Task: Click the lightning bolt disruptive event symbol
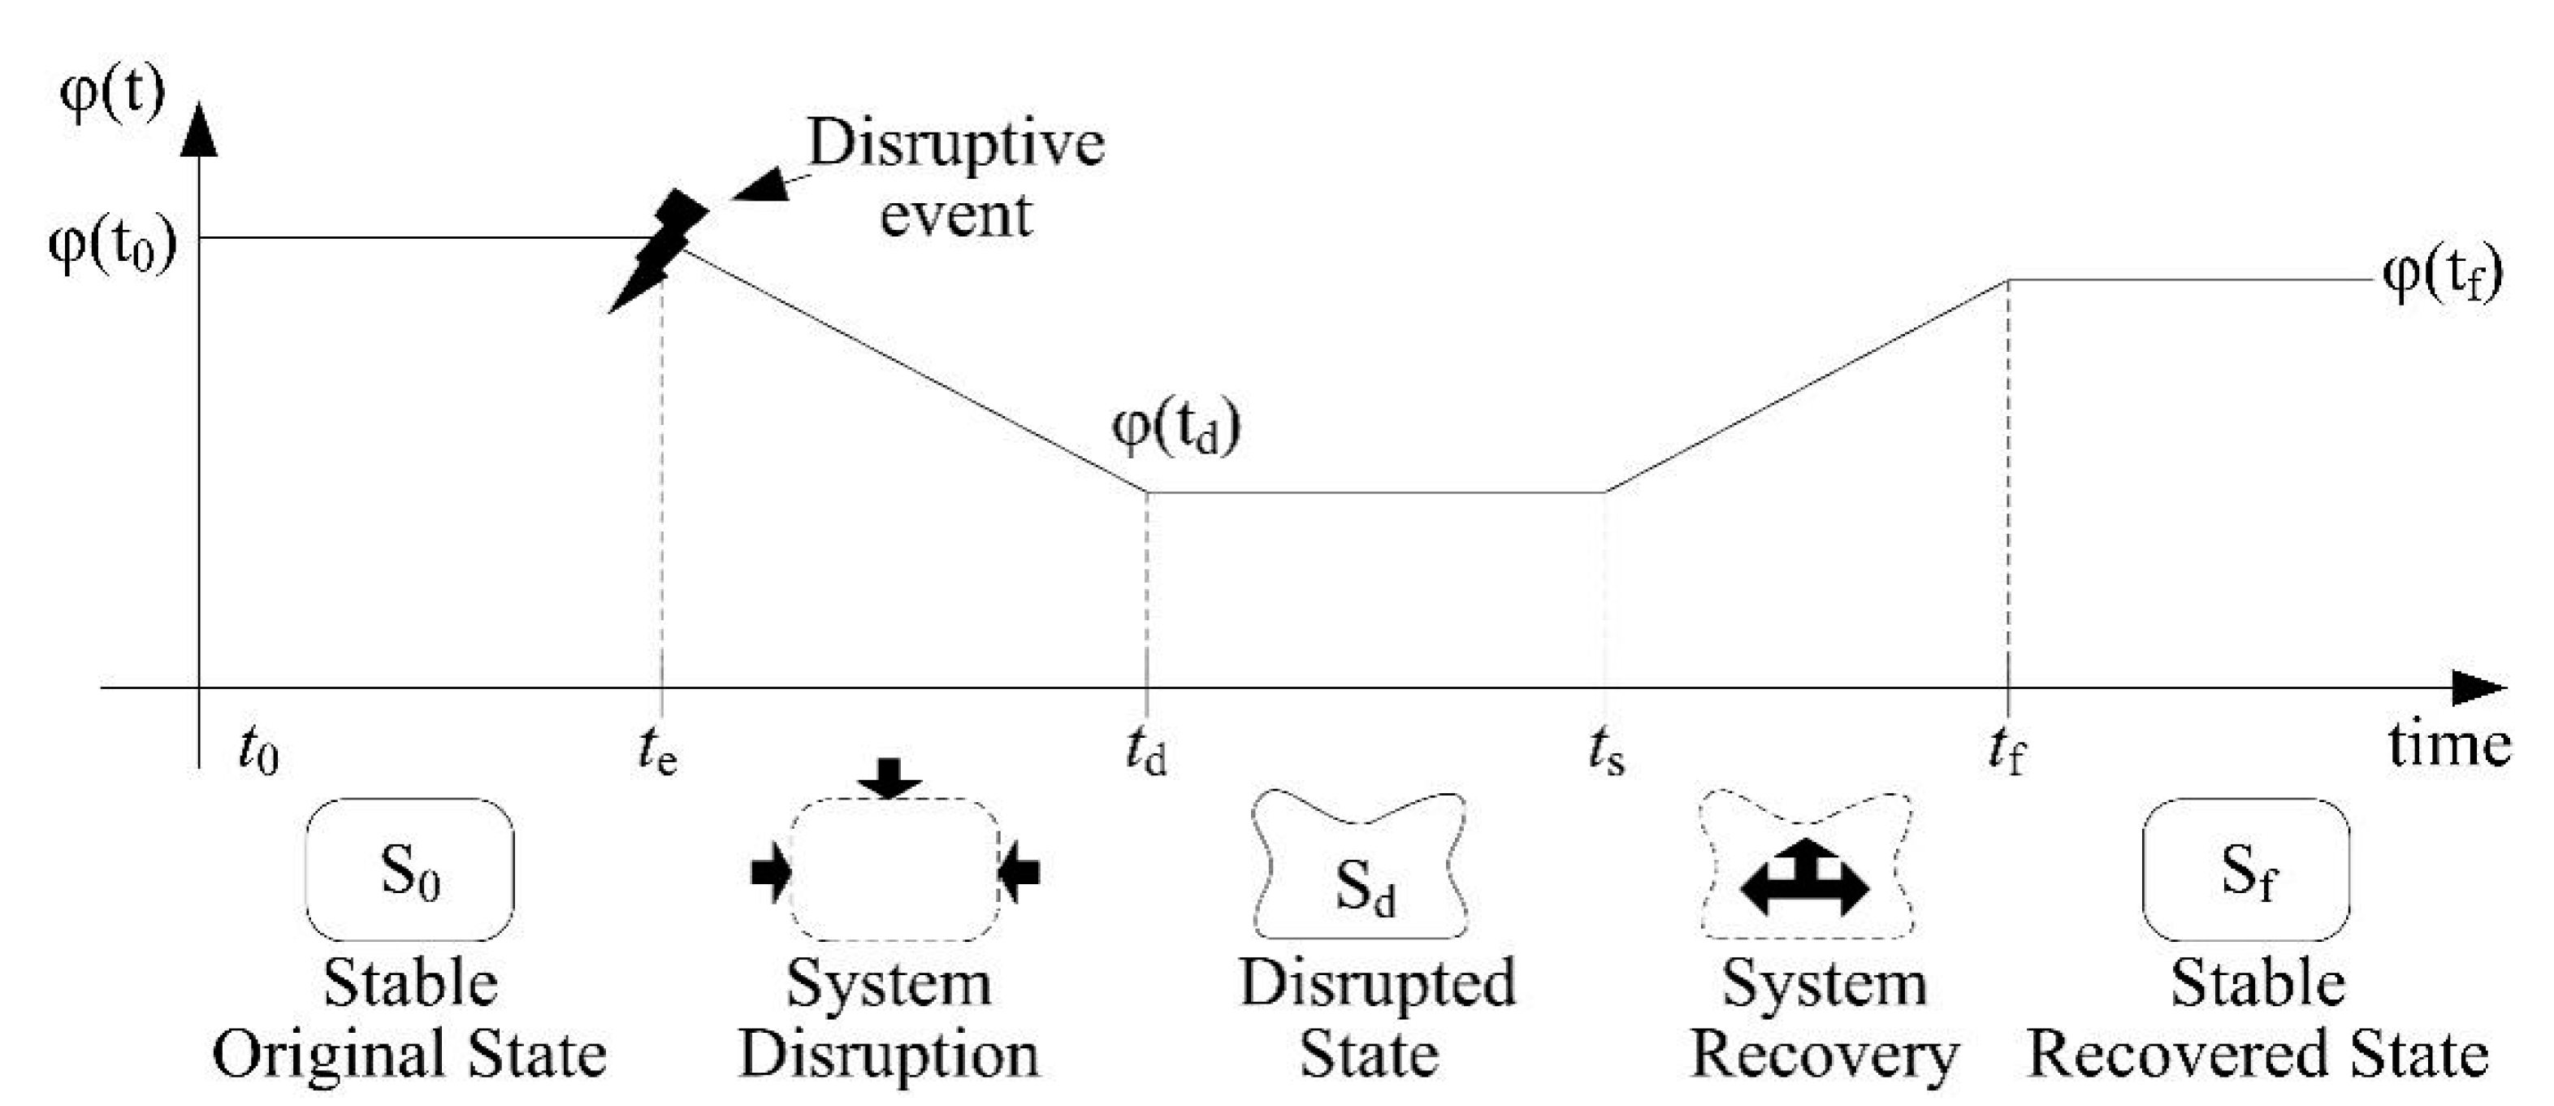657,250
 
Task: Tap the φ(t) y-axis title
112,94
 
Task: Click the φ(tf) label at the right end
2442,275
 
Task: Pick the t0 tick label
259,750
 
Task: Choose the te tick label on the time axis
657,750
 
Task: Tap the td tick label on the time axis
1145,750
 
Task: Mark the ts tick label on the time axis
1606,750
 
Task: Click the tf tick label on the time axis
2006,750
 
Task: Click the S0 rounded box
409,870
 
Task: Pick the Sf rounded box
2245,870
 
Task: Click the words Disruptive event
954,179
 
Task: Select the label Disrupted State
1375,1017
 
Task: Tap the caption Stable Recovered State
2257,1017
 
